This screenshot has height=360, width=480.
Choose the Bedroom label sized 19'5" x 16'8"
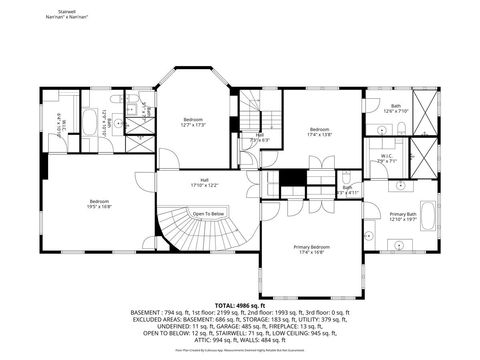click(99, 203)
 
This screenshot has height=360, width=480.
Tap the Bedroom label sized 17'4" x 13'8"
click(319, 131)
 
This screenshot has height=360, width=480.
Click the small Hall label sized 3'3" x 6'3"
click(259, 138)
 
